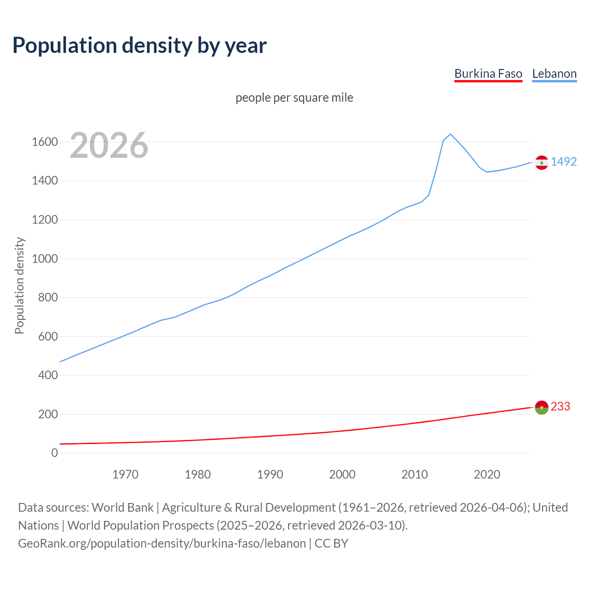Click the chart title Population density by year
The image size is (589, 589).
(x=139, y=46)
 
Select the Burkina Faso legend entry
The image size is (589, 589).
(x=488, y=74)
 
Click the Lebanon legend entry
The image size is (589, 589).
(x=554, y=74)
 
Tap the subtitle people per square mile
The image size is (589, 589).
(x=294, y=98)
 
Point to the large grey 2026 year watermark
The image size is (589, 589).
(x=109, y=145)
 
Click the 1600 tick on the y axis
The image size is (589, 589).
(x=45, y=142)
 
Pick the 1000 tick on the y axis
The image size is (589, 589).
(x=45, y=259)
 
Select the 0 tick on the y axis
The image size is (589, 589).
(x=55, y=453)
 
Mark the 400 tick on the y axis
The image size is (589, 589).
(x=48, y=375)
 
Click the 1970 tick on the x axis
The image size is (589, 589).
(x=125, y=474)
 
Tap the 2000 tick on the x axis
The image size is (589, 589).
(x=342, y=474)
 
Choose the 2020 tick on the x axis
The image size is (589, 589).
(x=487, y=474)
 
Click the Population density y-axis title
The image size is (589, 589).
(x=19, y=285)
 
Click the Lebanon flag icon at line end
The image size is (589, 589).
(x=542, y=162)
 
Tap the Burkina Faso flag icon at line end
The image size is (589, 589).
(x=542, y=407)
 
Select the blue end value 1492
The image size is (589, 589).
(x=564, y=162)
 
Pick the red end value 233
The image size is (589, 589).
(x=560, y=406)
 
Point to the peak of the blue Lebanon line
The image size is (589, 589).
(x=450, y=134)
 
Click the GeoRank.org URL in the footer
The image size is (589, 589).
(x=162, y=543)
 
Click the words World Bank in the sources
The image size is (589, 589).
(x=122, y=508)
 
